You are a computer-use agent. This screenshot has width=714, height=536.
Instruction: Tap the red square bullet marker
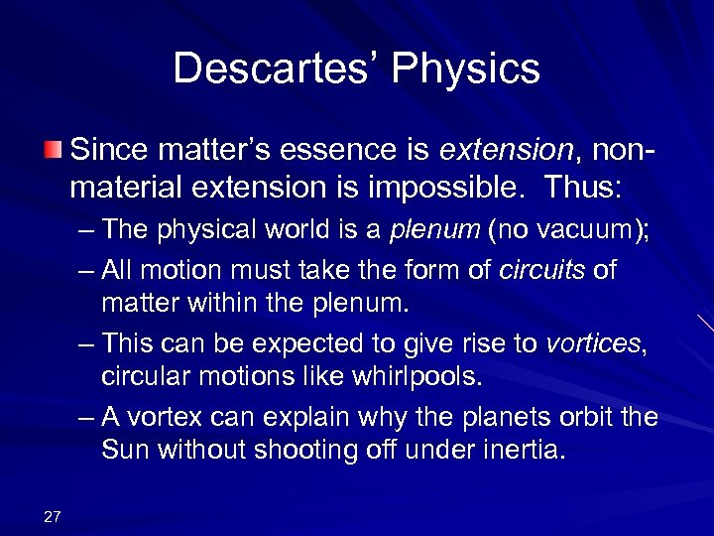[52, 151]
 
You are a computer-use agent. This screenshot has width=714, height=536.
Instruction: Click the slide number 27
[53, 514]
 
